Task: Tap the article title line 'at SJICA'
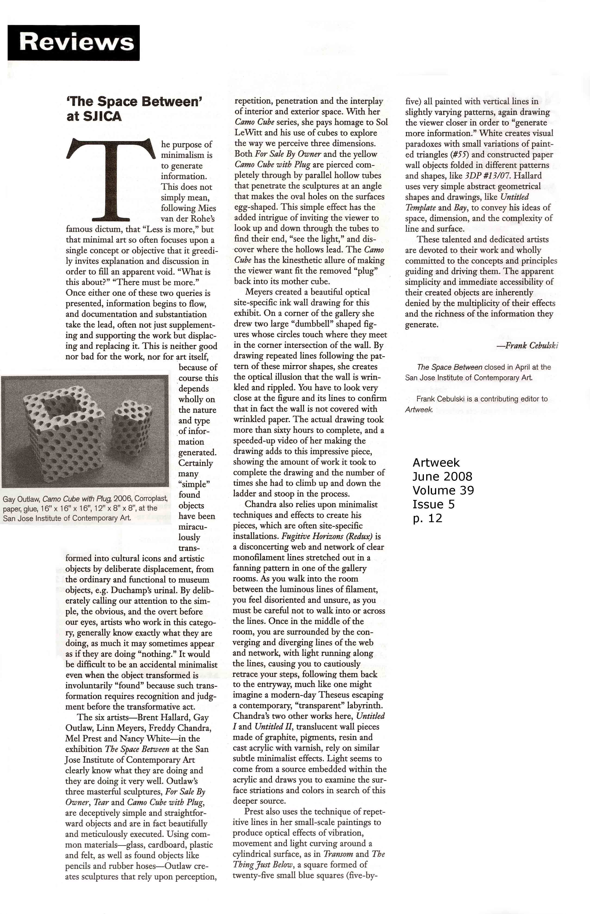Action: click(94, 116)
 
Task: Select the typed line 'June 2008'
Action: click(442, 477)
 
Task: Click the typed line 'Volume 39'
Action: click(443, 490)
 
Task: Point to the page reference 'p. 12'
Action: click(427, 518)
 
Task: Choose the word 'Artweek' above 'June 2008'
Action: click(436, 463)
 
